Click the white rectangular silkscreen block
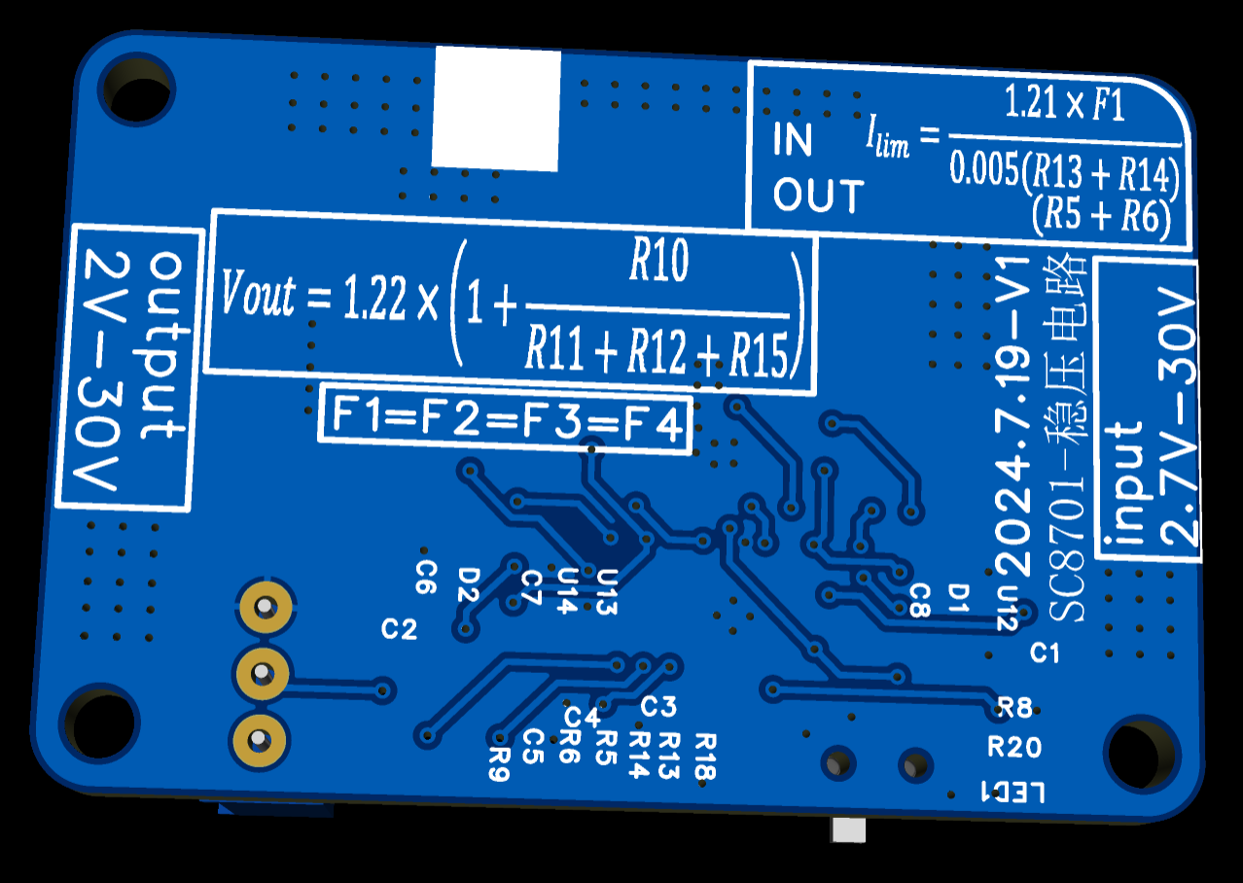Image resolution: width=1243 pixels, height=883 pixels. point(496,108)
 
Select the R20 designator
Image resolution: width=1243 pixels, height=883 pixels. point(1014,747)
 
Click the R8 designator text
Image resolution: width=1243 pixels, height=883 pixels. point(1014,708)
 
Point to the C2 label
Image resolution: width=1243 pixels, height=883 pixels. point(399,629)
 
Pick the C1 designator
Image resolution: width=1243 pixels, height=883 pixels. point(1045,653)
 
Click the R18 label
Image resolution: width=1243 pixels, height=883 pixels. point(706,756)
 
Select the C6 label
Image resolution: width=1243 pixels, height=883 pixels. point(426,578)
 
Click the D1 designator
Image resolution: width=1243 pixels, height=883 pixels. point(958,598)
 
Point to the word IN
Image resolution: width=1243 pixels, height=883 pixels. point(793,139)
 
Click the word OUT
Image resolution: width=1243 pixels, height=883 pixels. point(819,194)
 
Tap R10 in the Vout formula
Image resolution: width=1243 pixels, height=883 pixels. point(659,260)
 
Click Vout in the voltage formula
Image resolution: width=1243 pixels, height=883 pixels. point(258,293)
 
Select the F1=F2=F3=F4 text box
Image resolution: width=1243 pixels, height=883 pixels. point(506,419)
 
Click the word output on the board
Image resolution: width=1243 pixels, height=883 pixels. point(165,346)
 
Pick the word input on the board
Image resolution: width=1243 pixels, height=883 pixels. point(1123,484)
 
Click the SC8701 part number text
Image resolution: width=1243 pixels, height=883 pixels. point(1067,546)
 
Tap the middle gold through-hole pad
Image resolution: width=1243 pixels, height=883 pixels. point(263,673)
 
